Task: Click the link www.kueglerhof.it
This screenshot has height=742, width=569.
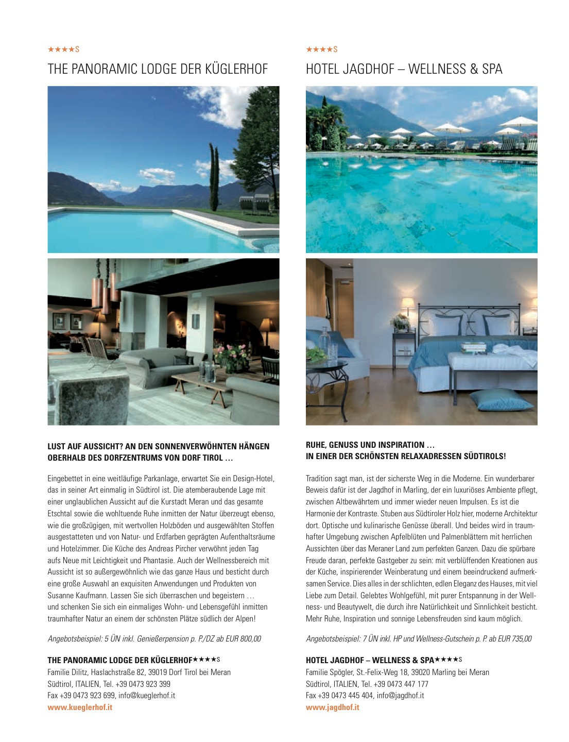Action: point(80,707)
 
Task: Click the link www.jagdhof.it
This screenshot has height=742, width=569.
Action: point(333,707)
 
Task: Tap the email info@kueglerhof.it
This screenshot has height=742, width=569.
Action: point(147,696)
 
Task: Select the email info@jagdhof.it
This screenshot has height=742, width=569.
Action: point(400,696)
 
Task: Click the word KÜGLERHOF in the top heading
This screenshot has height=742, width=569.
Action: point(236,69)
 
